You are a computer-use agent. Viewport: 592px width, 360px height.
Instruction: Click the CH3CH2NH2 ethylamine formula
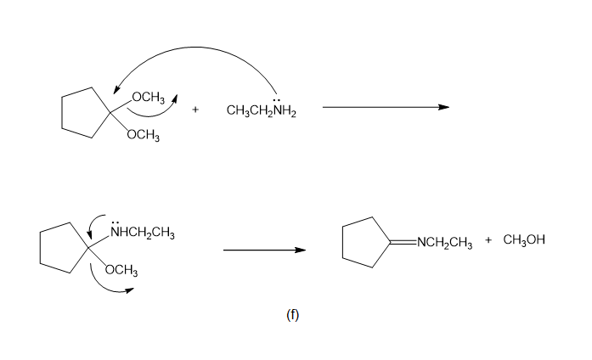point(262,111)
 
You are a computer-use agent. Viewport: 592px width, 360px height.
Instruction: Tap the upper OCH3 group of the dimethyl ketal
point(148,96)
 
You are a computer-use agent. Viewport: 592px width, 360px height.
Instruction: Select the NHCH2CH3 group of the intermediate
point(141,232)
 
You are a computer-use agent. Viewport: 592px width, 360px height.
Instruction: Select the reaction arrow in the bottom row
point(263,250)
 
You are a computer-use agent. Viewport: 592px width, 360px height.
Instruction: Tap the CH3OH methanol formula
point(523,240)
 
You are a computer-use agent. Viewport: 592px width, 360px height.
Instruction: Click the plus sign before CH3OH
point(488,240)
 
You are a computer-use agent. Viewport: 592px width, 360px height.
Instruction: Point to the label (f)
point(292,315)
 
